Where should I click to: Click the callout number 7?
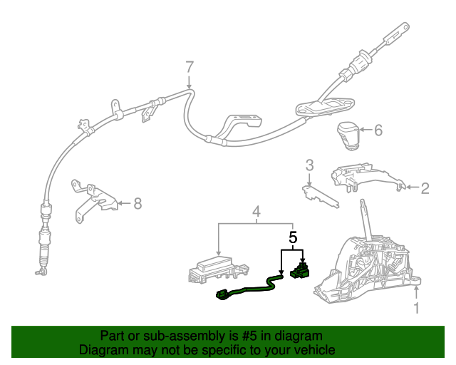(190, 68)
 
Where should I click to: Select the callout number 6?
(378, 130)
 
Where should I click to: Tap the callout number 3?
(309, 166)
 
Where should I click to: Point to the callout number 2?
(425, 188)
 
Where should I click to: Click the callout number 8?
(138, 204)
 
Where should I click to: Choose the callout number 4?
(256, 211)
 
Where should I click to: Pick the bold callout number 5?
(292, 236)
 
